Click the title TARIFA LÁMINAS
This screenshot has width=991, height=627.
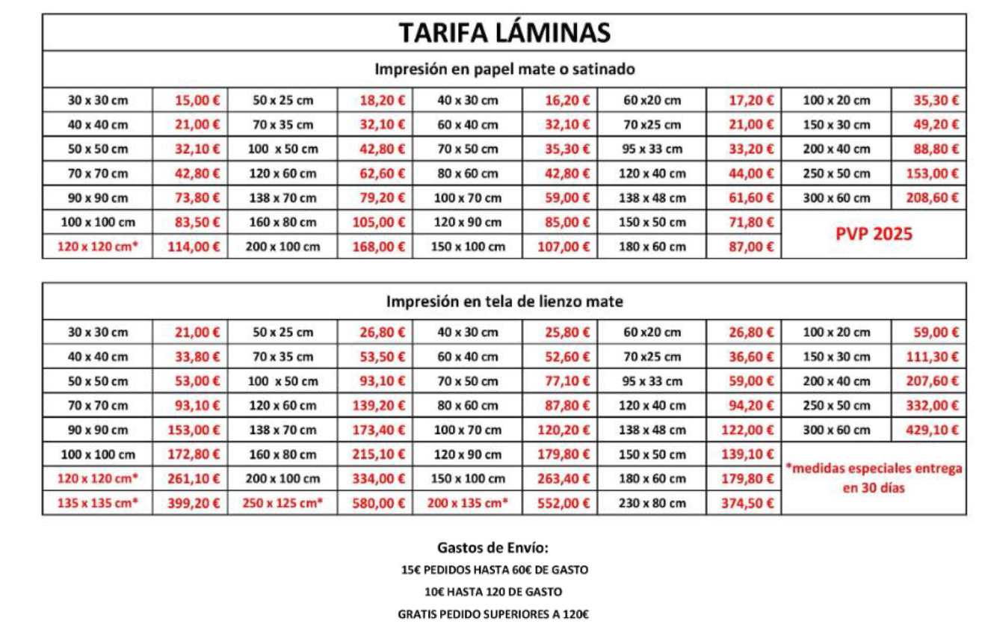coord(504,33)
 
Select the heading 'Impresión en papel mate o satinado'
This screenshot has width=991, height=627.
coord(504,70)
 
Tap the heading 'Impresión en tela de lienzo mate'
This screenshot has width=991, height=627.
coord(504,302)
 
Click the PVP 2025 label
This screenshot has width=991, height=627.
coord(873,234)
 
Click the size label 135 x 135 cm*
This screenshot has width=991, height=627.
coord(98,503)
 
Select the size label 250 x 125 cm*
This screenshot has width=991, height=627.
coord(283,503)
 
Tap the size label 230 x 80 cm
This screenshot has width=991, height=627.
coord(652,503)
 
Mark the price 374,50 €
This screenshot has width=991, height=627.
coord(751,503)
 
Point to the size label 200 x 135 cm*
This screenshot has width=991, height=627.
coord(467,503)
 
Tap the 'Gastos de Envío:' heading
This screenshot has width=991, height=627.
coord(493,548)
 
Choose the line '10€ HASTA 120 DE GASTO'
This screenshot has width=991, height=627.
coord(493,592)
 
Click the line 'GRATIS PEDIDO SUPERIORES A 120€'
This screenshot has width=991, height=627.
coord(493,614)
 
